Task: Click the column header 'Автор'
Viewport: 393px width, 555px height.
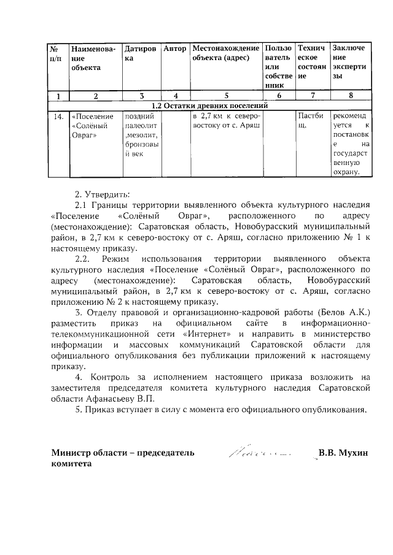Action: pos(176,48)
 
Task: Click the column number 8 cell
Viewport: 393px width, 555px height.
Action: pos(351,96)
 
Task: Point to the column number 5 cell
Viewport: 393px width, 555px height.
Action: pos(225,96)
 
